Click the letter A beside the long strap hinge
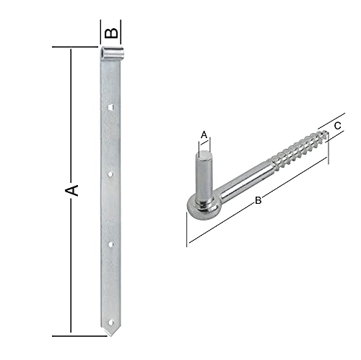click(x=71, y=190)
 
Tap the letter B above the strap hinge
click(x=111, y=33)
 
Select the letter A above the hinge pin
click(x=204, y=135)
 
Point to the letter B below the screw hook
click(x=258, y=200)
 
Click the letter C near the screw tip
click(x=337, y=126)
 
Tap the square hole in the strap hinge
click(x=110, y=107)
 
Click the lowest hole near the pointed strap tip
click(x=111, y=322)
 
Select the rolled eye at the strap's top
click(x=112, y=53)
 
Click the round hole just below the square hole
click(x=110, y=174)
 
